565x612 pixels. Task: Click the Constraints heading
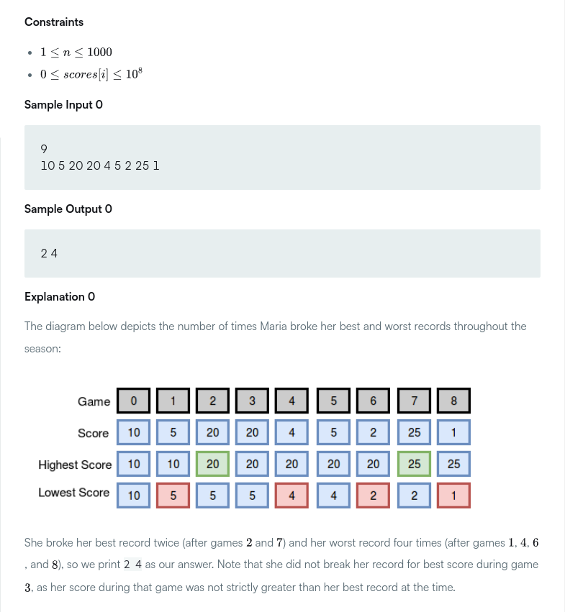(x=54, y=22)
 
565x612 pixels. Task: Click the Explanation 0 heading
(x=60, y=296)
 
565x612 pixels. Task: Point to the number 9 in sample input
(x=45, y=149)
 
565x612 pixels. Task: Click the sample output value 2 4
(x=50, y=253)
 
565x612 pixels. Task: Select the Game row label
(x=94, y=401)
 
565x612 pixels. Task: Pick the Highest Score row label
(x=75, y=465)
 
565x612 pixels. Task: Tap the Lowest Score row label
(x=74, y=493)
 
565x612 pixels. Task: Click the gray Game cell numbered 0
(x=134, y=401)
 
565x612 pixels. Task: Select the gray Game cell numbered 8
(x=453, y=401)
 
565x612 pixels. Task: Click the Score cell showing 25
(x=414, y=433)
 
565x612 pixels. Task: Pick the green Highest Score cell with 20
(x=213, y=464)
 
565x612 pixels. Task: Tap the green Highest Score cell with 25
(x=414, y=464)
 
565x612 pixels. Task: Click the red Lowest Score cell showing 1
(x=453, y=495)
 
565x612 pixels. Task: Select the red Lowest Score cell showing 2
(x=374, y=495)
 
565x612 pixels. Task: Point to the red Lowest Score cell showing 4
(x=291, y=495)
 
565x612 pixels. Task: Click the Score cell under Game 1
(x=173, y=433)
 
